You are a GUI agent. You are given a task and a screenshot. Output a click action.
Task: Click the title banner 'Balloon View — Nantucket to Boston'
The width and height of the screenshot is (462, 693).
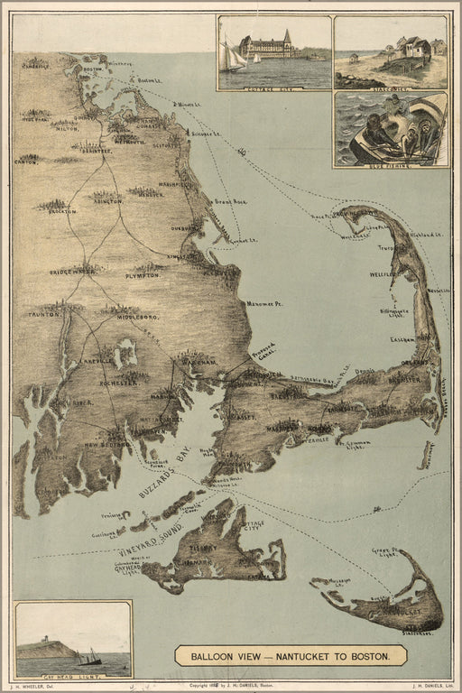(x=291, y=655)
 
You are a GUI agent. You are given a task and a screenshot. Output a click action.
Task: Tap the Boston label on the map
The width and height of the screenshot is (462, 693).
(x=91, y=69)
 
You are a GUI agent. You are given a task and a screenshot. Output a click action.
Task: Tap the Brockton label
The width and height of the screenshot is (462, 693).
(x=62, y=211)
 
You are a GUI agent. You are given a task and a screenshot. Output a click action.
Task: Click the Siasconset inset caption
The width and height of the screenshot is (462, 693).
(x=390, y=87)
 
